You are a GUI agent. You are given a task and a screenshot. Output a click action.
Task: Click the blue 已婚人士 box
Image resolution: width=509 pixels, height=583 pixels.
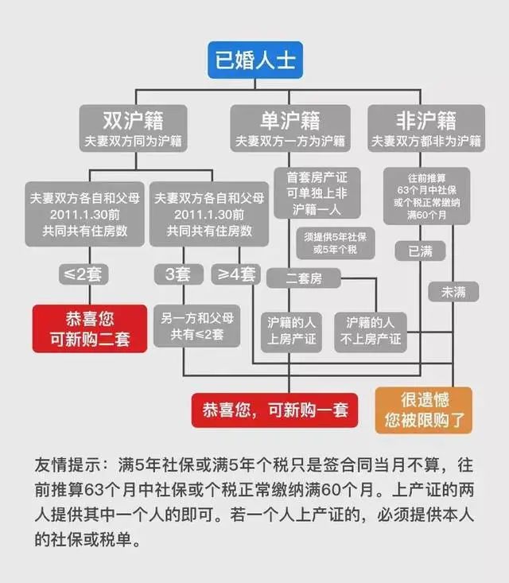pyautogui.click(x=254, y=60)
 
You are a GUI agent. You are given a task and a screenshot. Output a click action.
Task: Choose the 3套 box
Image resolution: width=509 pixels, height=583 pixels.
pyautogui.click(x=179, y=275)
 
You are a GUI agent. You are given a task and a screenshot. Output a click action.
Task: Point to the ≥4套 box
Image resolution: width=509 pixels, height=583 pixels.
pyautogui.click(x=236, y=275)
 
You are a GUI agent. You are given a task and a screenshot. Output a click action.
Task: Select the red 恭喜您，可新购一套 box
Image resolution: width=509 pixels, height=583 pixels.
pyautogui.click(x=274, y=411)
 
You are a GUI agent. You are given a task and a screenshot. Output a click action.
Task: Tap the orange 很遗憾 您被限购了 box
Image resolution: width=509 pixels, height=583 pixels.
pyautogui.click(x=423, y=410)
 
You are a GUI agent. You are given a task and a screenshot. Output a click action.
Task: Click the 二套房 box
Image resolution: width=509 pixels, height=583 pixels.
pyautogui.click(x=303, y=278)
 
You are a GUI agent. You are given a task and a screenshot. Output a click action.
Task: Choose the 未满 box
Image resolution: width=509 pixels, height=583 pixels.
pyautogui.click(x=454, y=292)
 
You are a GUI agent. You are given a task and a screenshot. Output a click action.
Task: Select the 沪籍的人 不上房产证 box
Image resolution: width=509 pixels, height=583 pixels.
pyautogui.click(x=370, y=331)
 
